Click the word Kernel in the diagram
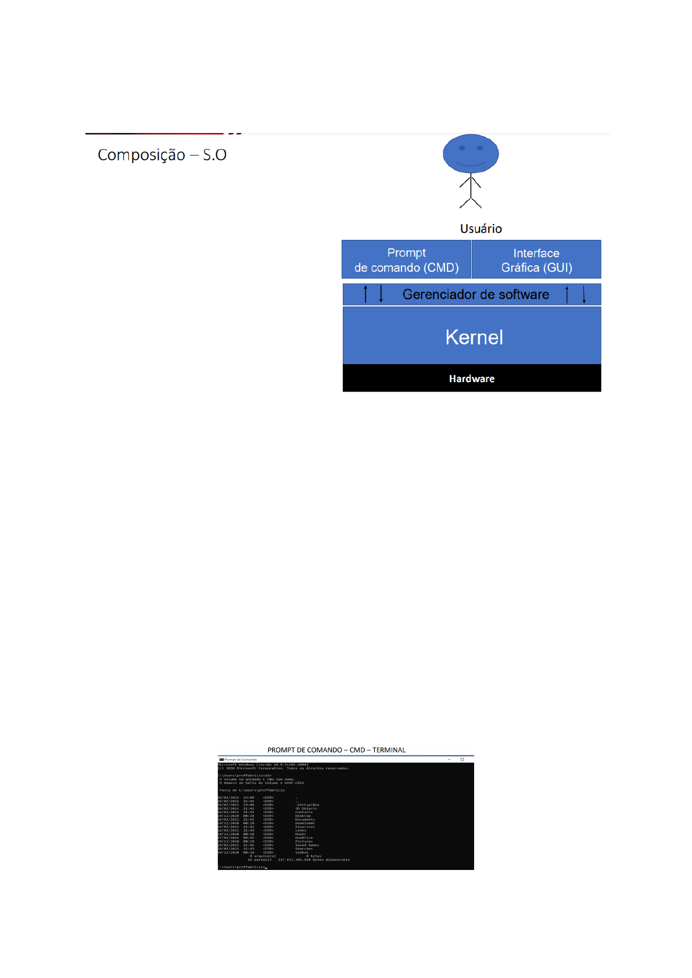click(x=474, y=337)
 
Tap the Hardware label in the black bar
click(x=472, y=379)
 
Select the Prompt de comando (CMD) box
click(x=406, y=260)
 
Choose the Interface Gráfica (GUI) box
click(x=536, y=260)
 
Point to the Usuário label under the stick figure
click(x=481, y=229)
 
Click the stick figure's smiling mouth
click(x=471, y=164)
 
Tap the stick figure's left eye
click(x=462, y=148)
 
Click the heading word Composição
click(x=141, y=155)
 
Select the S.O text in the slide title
click(x=215, y=155)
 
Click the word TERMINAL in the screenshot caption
click(x=389, y=750)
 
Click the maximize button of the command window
click(x=462, y=759)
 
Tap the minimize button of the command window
click(x=449, y=759)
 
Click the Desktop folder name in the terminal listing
click(x=303, y=816)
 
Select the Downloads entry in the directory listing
click(x=304, y=823)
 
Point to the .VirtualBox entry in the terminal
click(x=307, y=805)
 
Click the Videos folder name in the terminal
click(x=302, y=853)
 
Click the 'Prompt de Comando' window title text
click(x=241, y=760)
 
